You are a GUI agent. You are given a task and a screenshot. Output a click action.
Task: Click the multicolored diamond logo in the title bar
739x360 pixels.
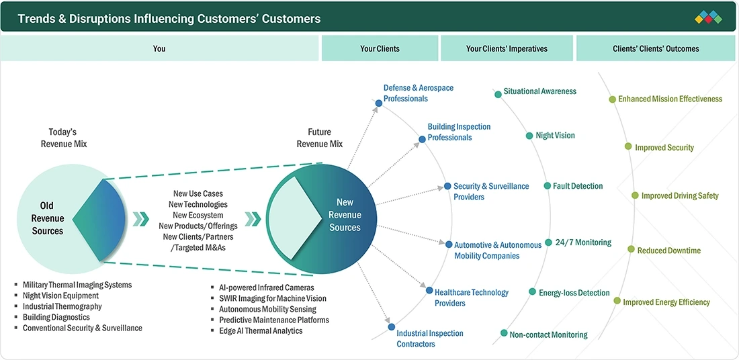click(708, 17)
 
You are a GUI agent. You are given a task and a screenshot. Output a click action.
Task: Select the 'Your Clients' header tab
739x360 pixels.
click(380, 48)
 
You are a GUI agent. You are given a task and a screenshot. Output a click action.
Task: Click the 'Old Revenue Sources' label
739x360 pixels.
click(47, 219)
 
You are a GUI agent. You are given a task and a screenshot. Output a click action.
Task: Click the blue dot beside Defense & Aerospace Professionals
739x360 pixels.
click(378, 103)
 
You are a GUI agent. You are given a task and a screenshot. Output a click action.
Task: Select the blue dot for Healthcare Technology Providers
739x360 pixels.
click(429, 290)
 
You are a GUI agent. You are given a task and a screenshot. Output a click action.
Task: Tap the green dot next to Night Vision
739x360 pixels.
click(529, 136)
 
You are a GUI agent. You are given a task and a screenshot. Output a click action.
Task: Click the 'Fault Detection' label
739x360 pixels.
click(578, 186)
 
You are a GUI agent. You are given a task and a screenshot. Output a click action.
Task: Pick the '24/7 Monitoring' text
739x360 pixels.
click(583, 242)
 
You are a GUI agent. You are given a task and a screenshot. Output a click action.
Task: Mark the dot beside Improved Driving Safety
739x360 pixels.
click(635, 195)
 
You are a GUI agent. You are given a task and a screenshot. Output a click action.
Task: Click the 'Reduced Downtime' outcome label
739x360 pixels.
click(668, 251)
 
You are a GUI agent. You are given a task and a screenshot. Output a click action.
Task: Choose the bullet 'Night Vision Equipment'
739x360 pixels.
click(60, 296)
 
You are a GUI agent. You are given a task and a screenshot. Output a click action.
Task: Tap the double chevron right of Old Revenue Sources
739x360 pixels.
click(141, 219)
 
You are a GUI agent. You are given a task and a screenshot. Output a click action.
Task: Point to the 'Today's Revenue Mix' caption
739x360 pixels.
click(64, 138)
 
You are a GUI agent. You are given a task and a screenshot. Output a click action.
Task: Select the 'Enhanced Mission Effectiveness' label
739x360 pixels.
click(670, 99)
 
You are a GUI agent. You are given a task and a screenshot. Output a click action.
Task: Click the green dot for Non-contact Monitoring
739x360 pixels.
click(504, 333)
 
